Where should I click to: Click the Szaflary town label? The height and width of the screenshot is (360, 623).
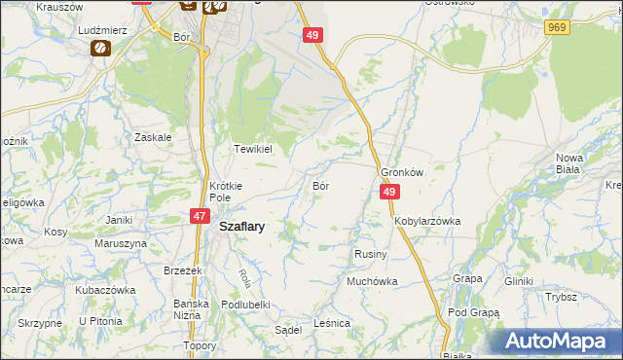[243, 225]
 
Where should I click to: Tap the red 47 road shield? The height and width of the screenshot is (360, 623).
[199, 216]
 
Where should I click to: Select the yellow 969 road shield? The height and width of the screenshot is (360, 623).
[557, 28]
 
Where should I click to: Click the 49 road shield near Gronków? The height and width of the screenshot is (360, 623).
[388, 194]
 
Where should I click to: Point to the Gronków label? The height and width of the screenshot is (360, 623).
[402, 171]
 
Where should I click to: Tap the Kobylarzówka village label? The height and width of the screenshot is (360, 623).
[427, 221]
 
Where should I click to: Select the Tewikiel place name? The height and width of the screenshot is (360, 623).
[252, 150]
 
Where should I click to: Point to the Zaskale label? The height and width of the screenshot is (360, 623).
[154, 137]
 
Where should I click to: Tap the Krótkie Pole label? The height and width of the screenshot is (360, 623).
[225, 191]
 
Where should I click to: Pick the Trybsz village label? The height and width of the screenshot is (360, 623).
[562, 297]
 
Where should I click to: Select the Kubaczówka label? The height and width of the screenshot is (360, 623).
[103, 290]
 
